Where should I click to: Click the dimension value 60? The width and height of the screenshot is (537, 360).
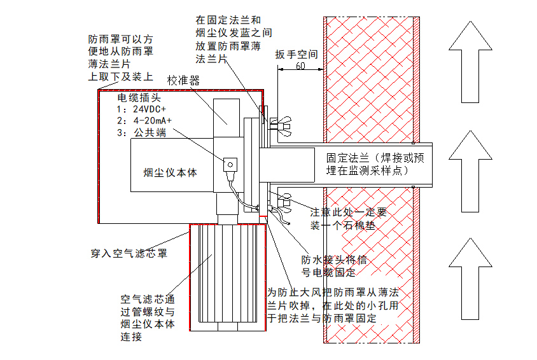tap(300, 66)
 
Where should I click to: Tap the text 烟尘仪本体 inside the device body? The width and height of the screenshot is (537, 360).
tap(170, 172)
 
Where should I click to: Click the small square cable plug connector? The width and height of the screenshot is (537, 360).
tap(228, 164)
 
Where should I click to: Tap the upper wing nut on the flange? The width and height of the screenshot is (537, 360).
tap(281, 124)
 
